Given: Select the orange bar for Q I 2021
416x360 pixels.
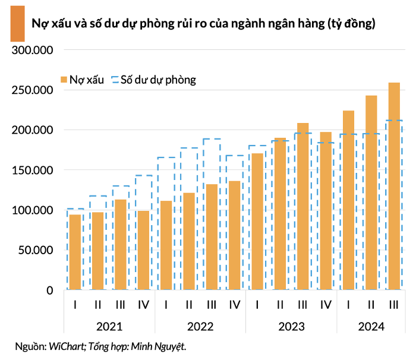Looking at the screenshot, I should (x=75, y=252).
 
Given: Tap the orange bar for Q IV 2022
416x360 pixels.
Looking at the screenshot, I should (x=235, y=235).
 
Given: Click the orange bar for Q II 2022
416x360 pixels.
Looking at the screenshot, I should (x=189, y=241).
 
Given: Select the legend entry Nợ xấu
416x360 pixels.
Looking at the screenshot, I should (x=82, y=79).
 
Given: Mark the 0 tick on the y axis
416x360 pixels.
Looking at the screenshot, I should (x=50, y=290).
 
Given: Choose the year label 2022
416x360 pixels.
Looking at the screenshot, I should (x=200, y=326).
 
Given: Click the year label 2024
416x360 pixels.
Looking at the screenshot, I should (x=371, y=326).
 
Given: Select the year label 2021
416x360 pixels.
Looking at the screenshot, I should (x=109, y=326).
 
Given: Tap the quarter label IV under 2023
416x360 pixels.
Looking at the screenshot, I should (x=326, y=305).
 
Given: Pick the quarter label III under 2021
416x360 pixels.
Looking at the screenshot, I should (x=121, y=305).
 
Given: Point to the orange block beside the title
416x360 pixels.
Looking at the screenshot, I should (x=17, y=24).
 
